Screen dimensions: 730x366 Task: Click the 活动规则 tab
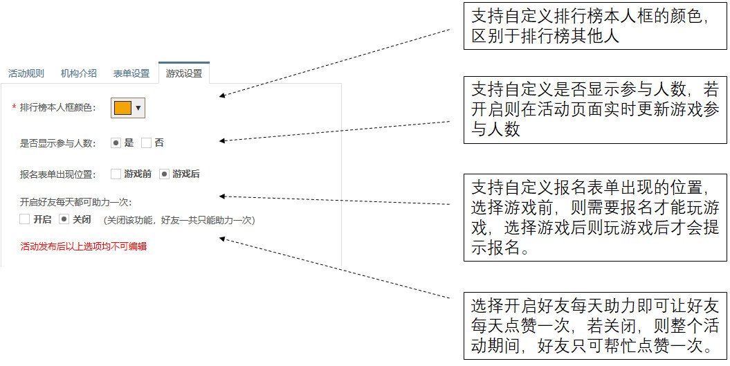point(26,73)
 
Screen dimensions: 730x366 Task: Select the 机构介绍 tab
point(78,73)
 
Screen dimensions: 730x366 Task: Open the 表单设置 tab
point(131,73)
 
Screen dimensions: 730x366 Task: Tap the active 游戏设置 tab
point(184,73)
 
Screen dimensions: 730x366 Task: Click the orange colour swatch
point(122,108)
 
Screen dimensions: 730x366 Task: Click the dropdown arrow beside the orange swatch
point(138,108)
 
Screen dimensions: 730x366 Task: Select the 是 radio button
point(116,143)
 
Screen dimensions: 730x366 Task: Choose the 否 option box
point(146,143)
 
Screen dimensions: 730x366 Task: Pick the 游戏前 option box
point(116,174)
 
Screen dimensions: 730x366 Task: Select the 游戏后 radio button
point(164,174)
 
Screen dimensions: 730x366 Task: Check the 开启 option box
point(25,219)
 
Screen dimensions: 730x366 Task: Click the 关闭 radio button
point(64,219)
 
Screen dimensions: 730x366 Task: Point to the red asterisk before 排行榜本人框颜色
point(14,108)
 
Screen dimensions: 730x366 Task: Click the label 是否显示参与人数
point(57,144)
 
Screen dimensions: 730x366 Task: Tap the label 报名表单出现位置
point(57,174)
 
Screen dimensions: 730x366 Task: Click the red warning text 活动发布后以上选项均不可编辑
point(83,246)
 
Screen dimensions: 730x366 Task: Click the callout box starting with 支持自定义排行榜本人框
point(595,26)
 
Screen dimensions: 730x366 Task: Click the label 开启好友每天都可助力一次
point(75,203)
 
